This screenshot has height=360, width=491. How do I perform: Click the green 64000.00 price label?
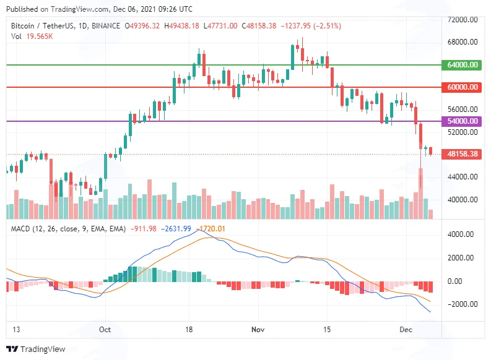tap(461, 65)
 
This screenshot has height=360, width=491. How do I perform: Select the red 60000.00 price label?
tap(461, 87)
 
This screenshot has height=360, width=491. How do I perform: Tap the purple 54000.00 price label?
tap(461, 121)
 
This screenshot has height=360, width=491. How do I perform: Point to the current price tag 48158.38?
tap(461, 154)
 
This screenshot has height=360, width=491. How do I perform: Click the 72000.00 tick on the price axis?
tap(463, 19)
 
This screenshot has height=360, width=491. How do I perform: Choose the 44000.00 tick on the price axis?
tap(463, 177)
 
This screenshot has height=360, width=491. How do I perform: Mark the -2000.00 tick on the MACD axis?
tap(460, 304)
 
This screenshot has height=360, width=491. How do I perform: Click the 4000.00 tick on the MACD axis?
tap(460, 234)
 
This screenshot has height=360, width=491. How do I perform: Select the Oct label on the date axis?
tap(105, 329)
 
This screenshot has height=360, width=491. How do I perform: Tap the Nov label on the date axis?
tap(258, 329)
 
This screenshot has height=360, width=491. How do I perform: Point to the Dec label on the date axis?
tap(406, 329)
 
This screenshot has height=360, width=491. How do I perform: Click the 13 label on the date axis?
tap(16, 329)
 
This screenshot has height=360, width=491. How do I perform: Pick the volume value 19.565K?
tap(40, 36)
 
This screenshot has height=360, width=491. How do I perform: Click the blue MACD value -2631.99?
tap(176, 229)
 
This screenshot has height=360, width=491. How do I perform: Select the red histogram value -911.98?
tap(144, 229)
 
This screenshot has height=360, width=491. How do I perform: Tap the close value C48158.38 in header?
tap(259, 25)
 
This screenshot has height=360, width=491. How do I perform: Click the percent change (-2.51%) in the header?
tap(326, 25)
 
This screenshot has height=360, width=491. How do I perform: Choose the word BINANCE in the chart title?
tap(106, 25)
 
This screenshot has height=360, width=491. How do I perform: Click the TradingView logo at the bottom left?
tap(36, 349)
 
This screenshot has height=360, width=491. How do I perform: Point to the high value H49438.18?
tap(181, 25)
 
